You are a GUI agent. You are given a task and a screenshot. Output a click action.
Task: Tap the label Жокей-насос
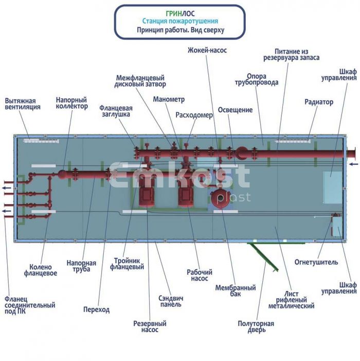(x=207, y=50)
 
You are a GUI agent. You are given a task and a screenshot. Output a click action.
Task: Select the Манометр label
(x=169, y=99)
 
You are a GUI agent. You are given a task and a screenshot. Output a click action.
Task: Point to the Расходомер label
(x=194, y=115)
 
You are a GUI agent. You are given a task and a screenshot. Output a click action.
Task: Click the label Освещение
(x=235, y=110)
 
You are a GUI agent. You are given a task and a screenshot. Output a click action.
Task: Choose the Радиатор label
(x=318, y=102)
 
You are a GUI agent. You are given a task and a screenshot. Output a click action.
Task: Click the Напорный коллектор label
(x=71, y=103)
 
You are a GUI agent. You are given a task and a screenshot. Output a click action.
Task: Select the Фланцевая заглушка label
(x=116, y=111)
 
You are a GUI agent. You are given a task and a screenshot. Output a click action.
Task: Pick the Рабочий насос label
(x=200, y=275)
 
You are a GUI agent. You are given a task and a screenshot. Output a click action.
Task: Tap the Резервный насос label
(x=150, y=326)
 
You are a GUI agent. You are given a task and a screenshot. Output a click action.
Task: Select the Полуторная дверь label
(x=256, y=326)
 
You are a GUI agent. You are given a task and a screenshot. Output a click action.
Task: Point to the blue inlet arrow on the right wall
(x=353, y=164)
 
